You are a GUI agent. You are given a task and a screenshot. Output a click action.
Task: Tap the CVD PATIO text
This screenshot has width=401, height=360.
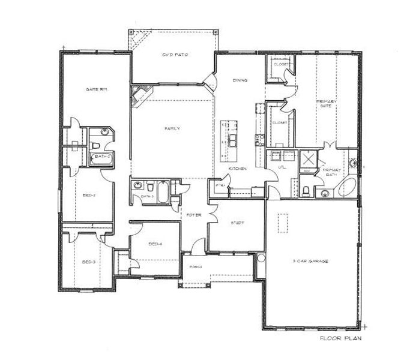175,55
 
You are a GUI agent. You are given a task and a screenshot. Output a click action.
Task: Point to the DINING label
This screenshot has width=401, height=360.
241,80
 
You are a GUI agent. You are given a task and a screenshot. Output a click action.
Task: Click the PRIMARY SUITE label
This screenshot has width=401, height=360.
327,105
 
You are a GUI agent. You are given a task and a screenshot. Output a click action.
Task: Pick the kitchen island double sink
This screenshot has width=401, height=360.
231,140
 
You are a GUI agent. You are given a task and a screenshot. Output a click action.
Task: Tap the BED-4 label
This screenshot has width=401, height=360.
155,244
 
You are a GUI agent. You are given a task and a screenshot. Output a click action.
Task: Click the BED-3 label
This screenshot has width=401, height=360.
89,262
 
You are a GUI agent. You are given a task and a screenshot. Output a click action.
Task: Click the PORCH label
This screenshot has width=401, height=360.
194,266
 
